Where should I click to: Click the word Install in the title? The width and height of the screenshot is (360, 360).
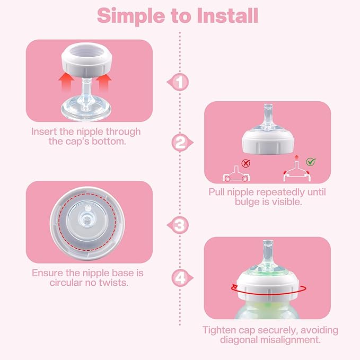(222, 16)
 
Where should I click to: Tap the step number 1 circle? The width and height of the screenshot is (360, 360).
(181, 82)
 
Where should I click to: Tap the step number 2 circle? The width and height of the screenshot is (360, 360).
(181, 142)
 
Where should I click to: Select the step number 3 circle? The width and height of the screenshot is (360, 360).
(181, 225)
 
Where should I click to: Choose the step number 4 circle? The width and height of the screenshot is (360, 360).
(181, 277)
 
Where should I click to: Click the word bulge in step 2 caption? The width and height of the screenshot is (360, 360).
(226, 202)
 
